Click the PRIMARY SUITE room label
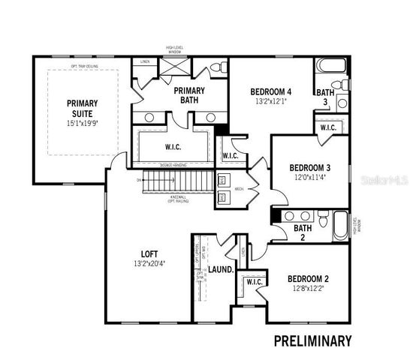(77, 108)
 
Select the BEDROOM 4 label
(270, 93)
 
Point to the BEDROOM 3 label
(310, 167)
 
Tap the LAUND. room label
(220, 269)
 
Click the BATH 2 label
(303, 232)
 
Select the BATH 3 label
(327, 97)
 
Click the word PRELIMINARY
(312, 341)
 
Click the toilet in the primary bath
(216, 68)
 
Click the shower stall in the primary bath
(174, 68)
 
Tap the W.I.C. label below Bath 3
(329, 127)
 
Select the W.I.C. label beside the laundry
(252, 283)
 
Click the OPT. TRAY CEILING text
(86, 67)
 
